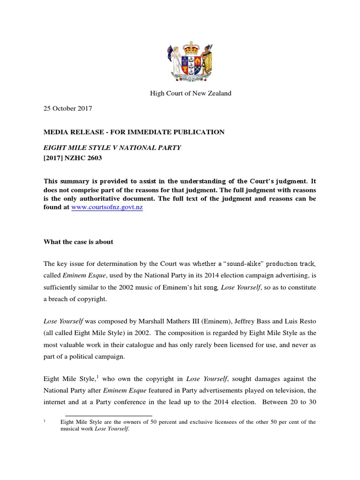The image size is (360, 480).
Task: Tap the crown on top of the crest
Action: (190, 47)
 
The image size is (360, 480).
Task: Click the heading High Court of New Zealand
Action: (190, 93)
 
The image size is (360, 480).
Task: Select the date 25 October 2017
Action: (68, 108)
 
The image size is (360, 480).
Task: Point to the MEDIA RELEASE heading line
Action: (134, 132)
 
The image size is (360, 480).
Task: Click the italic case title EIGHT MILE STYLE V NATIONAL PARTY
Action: (112, 148)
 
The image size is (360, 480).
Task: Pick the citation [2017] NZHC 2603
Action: (73, 158)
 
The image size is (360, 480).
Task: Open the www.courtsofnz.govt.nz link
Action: (107, 207)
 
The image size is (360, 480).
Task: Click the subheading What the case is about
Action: (78, 242)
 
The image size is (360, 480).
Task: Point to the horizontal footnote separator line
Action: (109, 416)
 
